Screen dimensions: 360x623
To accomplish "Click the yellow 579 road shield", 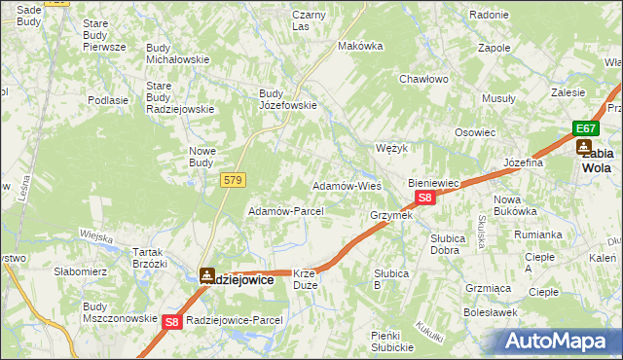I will pos(233,180).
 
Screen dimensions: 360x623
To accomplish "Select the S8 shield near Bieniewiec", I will pos(424,198).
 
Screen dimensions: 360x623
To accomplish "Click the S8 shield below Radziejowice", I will pos(172,321).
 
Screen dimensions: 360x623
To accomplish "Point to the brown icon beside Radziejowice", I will pos(207,276).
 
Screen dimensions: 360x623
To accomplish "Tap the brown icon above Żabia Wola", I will pos(584,148).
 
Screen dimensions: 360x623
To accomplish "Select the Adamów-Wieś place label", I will pos(346,185).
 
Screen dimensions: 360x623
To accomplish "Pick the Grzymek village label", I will pos(391,215).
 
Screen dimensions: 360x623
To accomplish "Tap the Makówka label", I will pos(357,46).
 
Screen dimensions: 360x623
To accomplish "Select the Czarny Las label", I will pos(308,20).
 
